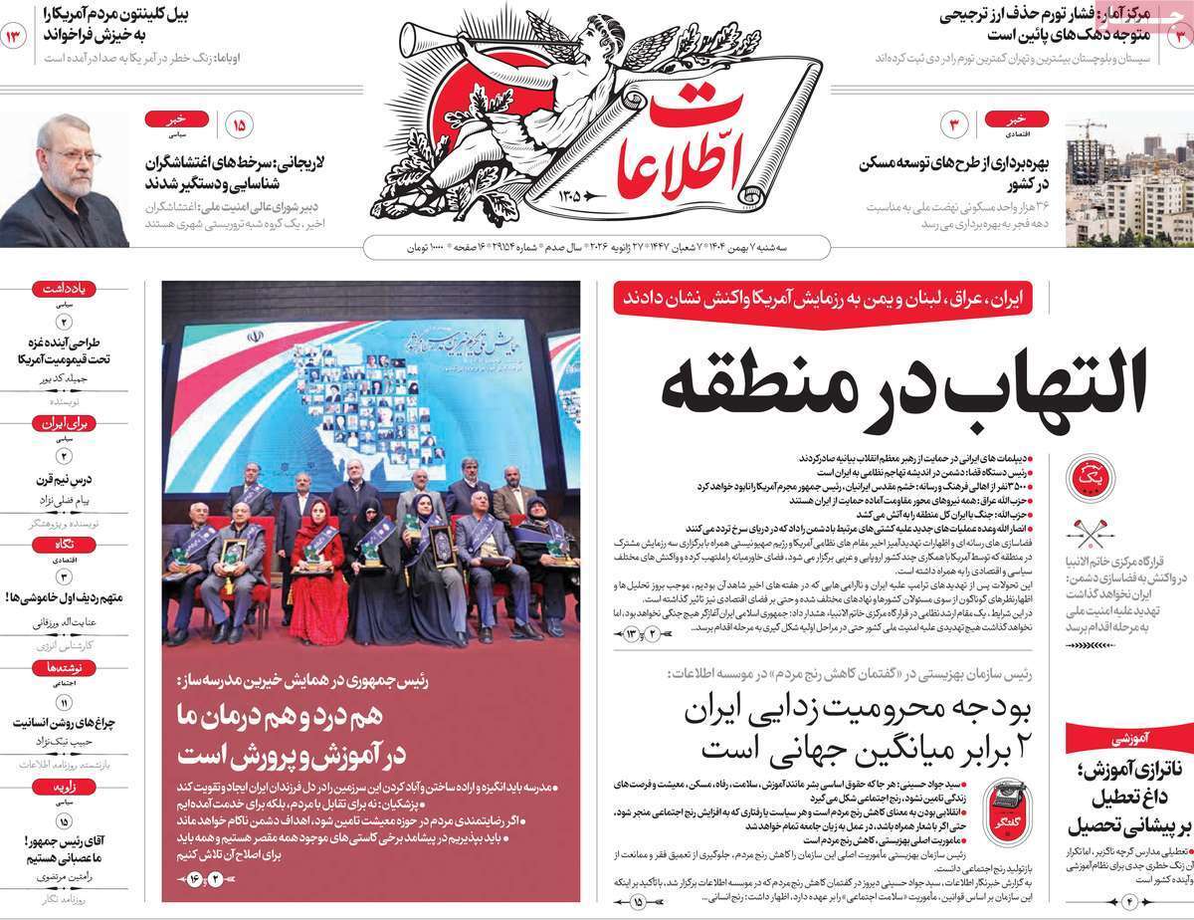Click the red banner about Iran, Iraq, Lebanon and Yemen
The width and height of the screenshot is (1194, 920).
823,297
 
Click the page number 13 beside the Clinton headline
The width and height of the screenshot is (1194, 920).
15,37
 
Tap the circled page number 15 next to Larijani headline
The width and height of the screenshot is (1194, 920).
239,126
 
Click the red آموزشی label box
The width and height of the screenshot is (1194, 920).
1128,738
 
